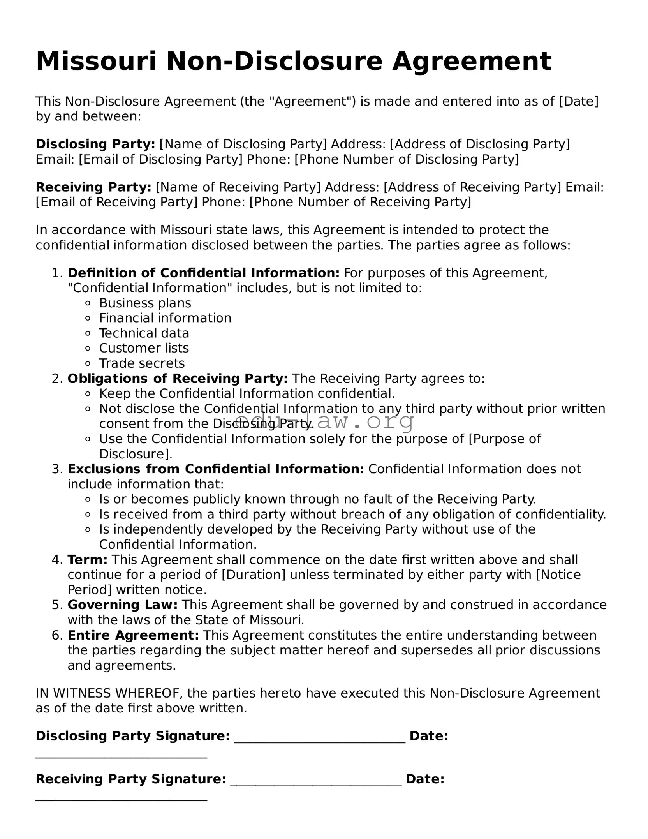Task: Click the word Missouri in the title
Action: [x=96, y=61]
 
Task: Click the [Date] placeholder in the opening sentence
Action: [x=579, y=101]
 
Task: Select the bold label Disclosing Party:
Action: [x=95, y=144]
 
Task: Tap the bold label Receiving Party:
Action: [x=93, y=187]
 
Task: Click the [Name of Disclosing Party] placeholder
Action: [x=243, y=144]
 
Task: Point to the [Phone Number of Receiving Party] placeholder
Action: [x=360, y=202]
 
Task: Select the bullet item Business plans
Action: [x=145, y=303]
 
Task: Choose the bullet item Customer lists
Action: [x=144, y=348]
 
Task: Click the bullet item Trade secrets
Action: [x=142, y=363]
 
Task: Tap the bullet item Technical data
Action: [x=144, y=333]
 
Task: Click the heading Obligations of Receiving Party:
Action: [x=178, y=379]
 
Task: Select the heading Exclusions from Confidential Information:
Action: [x=216, y=469]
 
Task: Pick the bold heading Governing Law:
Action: [x=123, y=605]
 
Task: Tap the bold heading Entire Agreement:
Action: [x=133, y=635]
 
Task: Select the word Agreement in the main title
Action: [x=472, y=61]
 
